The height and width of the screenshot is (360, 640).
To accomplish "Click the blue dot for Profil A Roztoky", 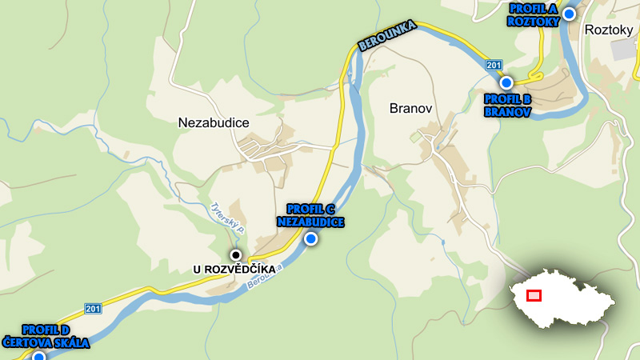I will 569,14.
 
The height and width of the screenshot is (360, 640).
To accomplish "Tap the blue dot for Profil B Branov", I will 506,82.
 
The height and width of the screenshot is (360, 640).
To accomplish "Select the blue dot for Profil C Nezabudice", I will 310,238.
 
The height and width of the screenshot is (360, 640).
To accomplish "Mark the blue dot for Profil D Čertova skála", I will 38,357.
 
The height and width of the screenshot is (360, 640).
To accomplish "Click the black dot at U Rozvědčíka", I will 235,255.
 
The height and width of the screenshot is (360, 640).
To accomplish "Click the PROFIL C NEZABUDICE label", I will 310,215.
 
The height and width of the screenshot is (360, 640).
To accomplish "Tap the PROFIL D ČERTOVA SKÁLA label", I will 46,336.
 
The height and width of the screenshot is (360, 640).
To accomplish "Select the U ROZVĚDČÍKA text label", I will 234,270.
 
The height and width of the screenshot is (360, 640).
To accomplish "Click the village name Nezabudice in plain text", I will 213,122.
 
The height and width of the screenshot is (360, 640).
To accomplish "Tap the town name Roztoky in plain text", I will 610,30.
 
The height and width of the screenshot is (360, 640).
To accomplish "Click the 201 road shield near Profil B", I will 493,66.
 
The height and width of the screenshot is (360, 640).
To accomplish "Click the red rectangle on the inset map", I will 534,295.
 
